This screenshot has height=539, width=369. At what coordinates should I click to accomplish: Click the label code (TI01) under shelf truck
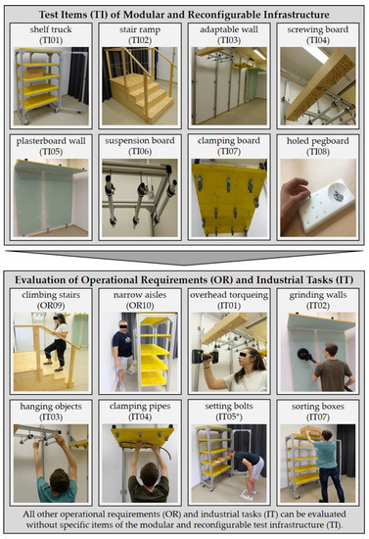pyautogui.click(x=51, y=40)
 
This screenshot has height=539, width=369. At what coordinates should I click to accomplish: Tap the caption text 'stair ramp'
pyautogui.click(x=140, y=29)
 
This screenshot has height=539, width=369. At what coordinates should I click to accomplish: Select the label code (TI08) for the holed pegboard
pyautogui.click(x=318, y=152)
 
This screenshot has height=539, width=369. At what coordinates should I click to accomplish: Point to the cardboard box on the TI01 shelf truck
pyautogui.click(x=33, y=73)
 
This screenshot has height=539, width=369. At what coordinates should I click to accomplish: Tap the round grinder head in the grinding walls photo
pyautogui.click(x=304, y=355)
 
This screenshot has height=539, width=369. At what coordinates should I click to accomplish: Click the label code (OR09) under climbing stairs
pyautogui.click(x=51, y=306)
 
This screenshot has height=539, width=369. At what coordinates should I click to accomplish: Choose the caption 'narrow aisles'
pyautogui.click(x=140, y=295)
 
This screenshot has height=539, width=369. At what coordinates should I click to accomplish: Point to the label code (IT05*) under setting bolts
pyautogui.click(x=229, y=416)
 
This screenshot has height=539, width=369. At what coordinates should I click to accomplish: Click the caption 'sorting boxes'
pyautogui.click(x=318, y=407)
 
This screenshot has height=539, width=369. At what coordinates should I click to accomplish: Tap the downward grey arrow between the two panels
pyautogui.click(x=184, y=257)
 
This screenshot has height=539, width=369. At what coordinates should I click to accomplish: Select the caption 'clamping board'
pyautogui.click(x=229, y=141)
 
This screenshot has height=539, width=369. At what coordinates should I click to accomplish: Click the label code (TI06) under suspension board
pyautogui.click(x=140, y=152)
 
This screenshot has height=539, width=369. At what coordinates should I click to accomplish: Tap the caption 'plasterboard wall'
pyautogui.click(x=51, y=141)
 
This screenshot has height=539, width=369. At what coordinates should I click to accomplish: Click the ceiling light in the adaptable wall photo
pyautogui.click(x=259, y=54)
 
